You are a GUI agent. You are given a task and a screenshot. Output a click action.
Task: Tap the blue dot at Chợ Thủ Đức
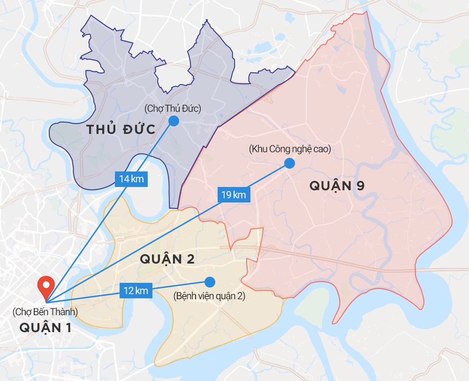tap(174, 121)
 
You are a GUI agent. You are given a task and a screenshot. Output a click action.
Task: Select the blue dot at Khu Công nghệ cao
tap(289, 163)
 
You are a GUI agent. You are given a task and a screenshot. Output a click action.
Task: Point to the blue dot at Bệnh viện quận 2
tap(210, 282)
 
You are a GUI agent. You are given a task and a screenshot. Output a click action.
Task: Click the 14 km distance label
tap(131, 179)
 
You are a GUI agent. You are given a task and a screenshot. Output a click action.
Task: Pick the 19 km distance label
tap(234, 194)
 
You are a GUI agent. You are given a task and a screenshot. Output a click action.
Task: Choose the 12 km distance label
tap(136, 290)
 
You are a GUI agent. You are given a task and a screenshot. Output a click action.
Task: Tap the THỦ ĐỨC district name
tap(121, 130)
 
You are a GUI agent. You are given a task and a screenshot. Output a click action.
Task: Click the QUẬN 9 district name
tap(337, 186)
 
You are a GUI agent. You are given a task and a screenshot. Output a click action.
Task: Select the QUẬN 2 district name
tap(167, 259)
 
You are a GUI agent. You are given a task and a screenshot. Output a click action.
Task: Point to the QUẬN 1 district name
tap(45, 327)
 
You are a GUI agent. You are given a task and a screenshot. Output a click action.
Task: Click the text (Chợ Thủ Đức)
tap(173, 109)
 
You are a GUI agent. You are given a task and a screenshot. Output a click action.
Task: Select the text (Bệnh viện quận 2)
tap(209, 296)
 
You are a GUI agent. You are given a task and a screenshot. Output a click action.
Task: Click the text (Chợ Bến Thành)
tap(45, 311)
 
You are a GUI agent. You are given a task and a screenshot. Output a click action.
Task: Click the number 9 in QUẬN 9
tap(360, 186)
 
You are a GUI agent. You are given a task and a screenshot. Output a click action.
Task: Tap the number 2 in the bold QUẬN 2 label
tap(190, 259)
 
